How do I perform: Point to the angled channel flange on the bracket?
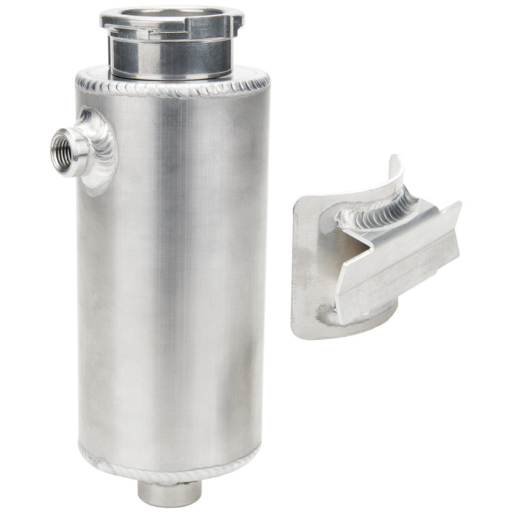[x=398, y=256]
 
